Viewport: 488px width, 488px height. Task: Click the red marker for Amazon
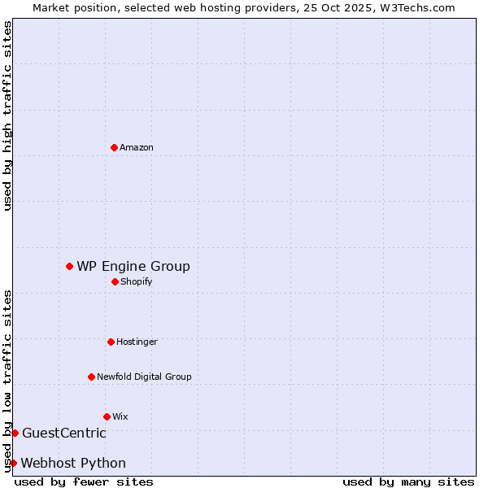point(114,147)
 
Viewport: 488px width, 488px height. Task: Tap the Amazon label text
point(137,147)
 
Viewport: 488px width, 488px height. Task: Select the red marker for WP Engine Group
point(69,266)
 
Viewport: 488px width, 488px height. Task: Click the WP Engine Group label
point(133,266)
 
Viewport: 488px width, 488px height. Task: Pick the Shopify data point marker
point(115,281)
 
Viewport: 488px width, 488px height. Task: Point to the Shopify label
point(136,281)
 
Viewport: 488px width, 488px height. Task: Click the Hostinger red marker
point(111,342)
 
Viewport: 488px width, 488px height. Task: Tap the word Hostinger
point(137,342)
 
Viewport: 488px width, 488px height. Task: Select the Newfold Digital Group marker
point(91,377)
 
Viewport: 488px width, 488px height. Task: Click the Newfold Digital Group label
point(144,377)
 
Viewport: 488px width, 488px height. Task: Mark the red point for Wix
point(107,416)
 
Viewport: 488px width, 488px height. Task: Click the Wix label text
point(120,416)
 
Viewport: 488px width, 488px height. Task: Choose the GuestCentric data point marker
point(15,433)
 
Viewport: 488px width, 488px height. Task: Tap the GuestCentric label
point(64,433)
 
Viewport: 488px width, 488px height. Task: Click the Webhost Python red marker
point(13,463)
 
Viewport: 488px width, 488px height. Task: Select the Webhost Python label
point(73,463)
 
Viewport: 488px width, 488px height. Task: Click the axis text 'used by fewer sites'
point(84,481)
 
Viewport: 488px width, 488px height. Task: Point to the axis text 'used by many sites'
point(408,481)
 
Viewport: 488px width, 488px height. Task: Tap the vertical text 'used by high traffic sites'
point(7,115)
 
